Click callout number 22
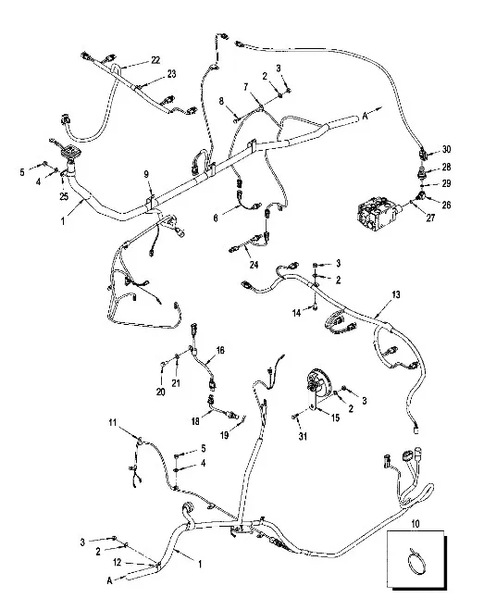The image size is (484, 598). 155,60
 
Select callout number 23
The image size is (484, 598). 171,73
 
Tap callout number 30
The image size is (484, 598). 446,150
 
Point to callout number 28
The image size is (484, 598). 446,167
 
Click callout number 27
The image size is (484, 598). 430,218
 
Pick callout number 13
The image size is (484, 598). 396,294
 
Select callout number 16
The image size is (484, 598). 220,350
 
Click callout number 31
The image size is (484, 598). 303,436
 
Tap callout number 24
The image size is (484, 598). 254,265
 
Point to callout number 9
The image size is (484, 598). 146,174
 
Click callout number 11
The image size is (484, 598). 112,422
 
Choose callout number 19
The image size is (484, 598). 225,435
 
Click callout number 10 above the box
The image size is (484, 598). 416,524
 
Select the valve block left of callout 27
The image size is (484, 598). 379,213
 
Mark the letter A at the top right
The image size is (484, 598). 365,116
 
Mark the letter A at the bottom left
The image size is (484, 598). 109,580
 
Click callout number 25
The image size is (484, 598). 64,196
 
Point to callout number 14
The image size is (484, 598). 296,313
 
